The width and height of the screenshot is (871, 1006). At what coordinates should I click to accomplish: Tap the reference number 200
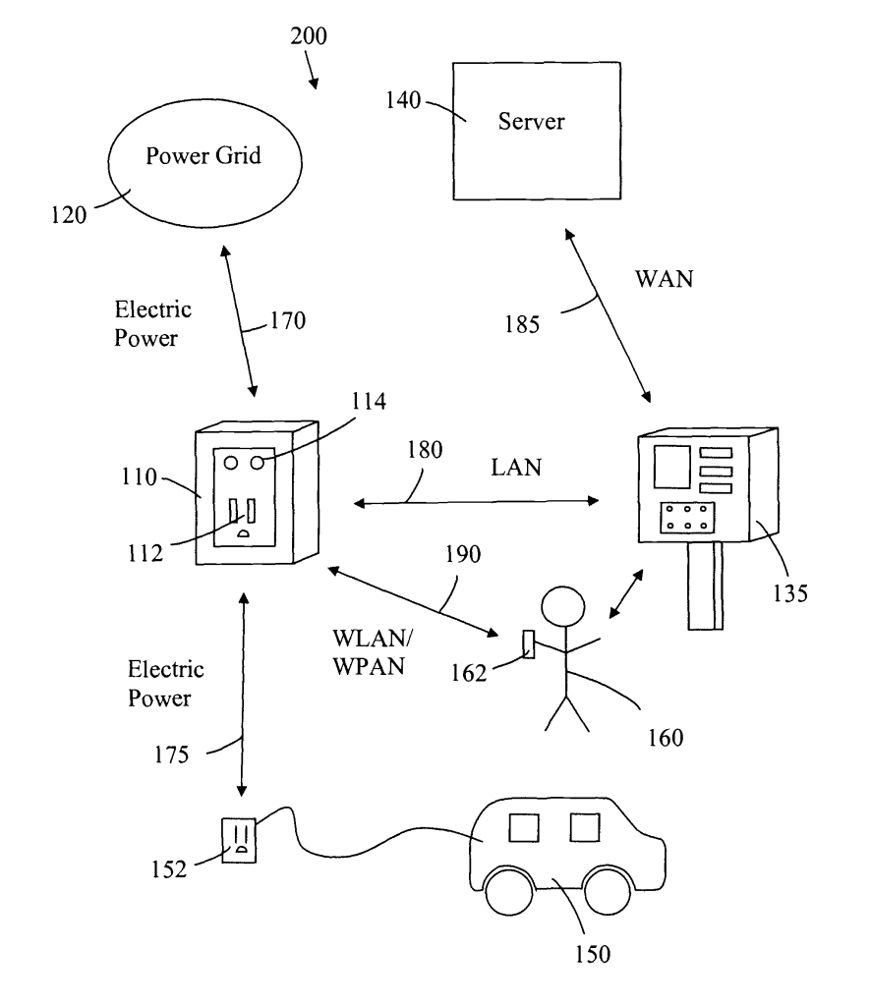pyautogui.click(x=309, y=36)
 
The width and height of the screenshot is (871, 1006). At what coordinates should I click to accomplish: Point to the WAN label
pyautogui.click(x=665, y=279)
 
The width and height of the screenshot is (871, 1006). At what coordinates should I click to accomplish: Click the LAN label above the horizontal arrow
pyautogui.click(x=516, y=467)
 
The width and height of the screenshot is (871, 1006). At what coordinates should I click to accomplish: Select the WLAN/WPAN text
pyautogui.click(x=373, y=652)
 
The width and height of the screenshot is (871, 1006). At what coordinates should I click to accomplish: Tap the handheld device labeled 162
pyautogui.click(x=529, y=644)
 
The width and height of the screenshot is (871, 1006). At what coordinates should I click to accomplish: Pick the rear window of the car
pyautogui.click(x=524, y=827)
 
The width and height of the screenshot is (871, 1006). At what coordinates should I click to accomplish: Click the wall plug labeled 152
pyautogui.click(x=239, y=840)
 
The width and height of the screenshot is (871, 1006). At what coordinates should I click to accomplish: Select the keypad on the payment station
pyautogui.click(x=687, y=517)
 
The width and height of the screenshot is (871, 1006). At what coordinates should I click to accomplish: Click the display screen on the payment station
pyautogui.click(x=672, y=467)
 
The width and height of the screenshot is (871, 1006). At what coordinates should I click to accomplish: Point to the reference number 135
pyautogui.click(x=789, y=593)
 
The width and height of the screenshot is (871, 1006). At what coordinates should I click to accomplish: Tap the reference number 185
pyautogui.click(x=522, y=324)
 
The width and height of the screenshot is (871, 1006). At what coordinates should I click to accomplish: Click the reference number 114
pyautogui.click(x=369, y=402)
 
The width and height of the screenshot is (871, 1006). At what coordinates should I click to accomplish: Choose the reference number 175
pyautogui.click(x=171, y=755)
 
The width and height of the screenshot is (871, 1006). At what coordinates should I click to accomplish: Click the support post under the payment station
pyautogui.click(x=706, y=586)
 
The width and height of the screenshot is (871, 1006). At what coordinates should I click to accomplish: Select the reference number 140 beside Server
pyautogui.click(x=403, y=100)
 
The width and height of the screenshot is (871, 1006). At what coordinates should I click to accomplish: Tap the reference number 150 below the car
pyautogui.click(x=593, y=954)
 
